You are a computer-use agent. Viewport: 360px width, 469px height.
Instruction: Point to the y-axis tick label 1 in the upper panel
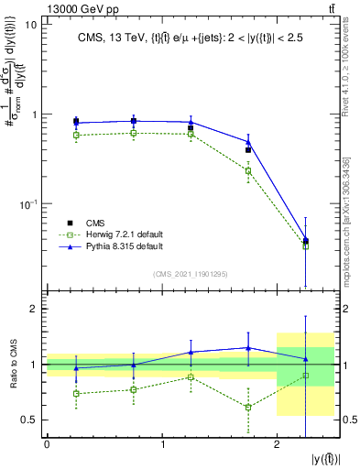pyautogui.click(x=34, y=115)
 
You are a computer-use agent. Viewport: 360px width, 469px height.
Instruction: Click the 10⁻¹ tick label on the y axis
pyautogui.click(x=27, y=203)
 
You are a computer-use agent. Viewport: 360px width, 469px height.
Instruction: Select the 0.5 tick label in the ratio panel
pyautogui.click(x=29, y=420)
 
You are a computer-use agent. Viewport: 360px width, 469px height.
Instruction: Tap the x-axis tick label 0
pyautogui.click(x=47, y=444)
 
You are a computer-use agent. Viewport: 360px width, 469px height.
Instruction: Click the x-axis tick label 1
pyautogui.click(x=162, y=444)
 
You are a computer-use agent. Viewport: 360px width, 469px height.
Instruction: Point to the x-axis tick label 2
pyautogui.click(x=277, y=444)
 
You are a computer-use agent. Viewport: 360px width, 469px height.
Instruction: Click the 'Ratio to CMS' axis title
pyautogui.click(x=11, y=365)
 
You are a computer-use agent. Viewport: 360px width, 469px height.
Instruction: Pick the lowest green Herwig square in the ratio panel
pyautogui.click(x=248, y=407)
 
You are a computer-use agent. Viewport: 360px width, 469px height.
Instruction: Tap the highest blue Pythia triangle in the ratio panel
pyautogui.click(x=248, y=347)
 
